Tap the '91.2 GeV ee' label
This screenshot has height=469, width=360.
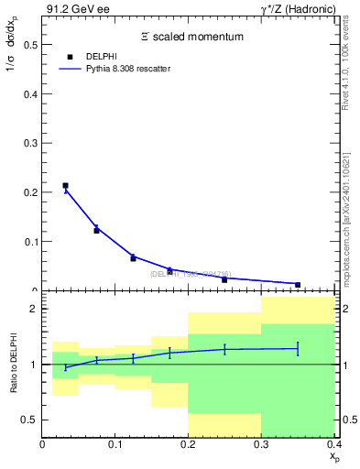[72, 9]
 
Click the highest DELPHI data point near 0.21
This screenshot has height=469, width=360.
[65, 186]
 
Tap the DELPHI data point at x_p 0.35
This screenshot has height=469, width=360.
[298, 285]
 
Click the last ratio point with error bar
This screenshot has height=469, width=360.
[298, 348]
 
